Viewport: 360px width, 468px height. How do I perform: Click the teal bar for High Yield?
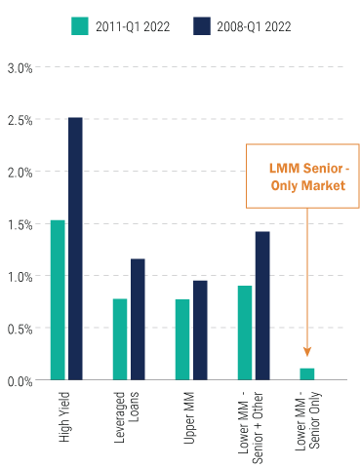pyautogui.click(x=58, y=299)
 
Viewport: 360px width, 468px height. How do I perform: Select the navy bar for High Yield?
pyautogui.click(x=75, y=249)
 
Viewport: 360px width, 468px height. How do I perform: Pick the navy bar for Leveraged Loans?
pyautogui.click(x=138, y=319)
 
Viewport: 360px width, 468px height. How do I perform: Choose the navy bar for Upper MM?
pyautogui.click(x=200, y=330)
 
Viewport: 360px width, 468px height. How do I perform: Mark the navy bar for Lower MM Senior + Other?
pyautogui.click(x=262, y=305)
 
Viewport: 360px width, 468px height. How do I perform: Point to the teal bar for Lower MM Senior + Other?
pyautogui.click(x=245, y=332)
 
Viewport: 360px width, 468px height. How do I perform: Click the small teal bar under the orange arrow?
pyautogui.click(x=307, y=373)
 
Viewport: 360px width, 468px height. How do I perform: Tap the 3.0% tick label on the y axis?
pyautogui.click(x=20, y=67)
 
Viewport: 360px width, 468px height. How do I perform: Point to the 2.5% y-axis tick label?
pyautogui.click(x=20, y=120)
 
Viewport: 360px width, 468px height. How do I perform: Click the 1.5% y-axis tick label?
pyautogui.click(x=20, y=224)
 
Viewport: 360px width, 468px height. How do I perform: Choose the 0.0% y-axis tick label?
pyautogui.click(x=20, y=380)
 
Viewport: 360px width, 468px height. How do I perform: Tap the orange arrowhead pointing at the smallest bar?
pyautogui.click(x=307, y=352)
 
